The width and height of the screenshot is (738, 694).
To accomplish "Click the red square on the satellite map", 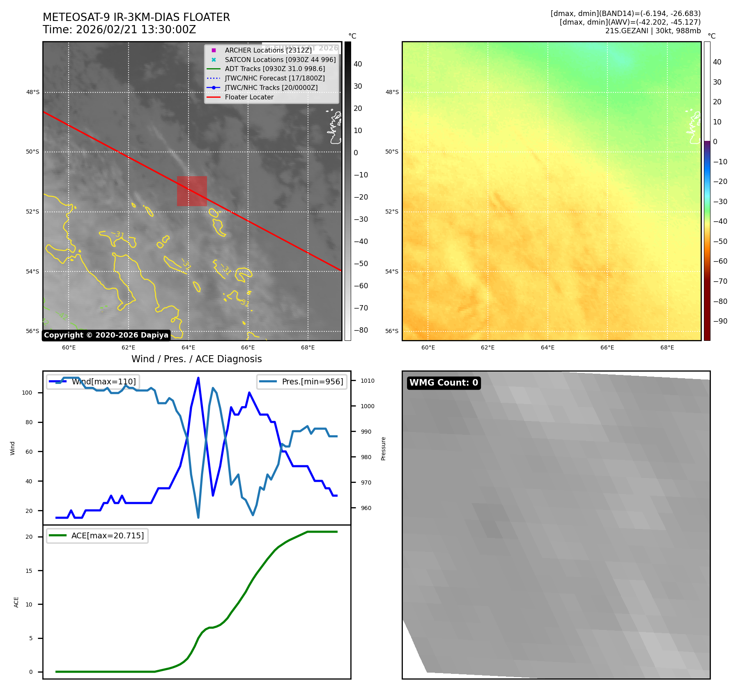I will (192, 191).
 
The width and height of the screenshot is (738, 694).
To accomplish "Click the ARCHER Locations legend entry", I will (268, 50).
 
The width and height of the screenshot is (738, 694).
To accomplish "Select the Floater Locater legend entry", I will (249, 97).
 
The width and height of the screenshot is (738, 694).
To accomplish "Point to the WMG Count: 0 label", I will (444, 383).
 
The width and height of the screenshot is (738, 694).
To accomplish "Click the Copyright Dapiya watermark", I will (106, 335).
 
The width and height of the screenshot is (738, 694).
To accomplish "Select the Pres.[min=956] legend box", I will (302, 381).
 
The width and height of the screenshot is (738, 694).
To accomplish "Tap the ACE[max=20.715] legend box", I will (97, 535).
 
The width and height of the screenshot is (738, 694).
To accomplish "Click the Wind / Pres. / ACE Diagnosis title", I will (196, 359).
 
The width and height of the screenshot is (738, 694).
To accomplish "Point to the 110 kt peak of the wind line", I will (198, 378).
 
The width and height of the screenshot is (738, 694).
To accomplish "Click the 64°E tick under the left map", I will (189, 347).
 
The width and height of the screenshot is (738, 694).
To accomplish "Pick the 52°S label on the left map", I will (33, 211).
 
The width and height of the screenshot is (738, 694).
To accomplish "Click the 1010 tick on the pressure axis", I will (367, 381).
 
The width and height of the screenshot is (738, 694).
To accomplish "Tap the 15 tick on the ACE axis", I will (29, 571).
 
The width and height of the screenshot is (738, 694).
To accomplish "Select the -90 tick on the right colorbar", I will (720, 321).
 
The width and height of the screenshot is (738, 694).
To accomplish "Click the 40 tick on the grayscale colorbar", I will (358, 64).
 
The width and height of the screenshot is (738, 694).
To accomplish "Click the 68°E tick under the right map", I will (667, 347).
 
